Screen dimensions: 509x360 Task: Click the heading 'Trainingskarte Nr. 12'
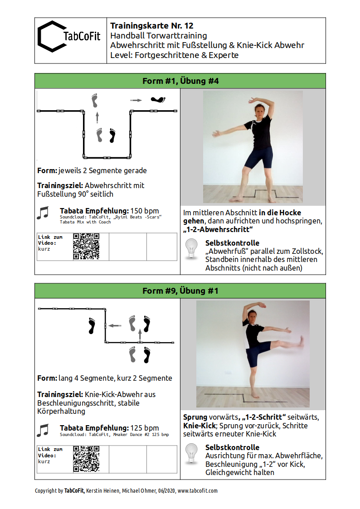[151, 26]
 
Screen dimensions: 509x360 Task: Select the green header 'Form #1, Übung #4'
[180, 81]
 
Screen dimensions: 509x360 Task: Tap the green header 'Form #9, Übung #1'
[180, 291]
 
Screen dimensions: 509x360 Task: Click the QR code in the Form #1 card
[86, 247]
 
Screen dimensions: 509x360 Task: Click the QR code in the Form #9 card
[86, 459]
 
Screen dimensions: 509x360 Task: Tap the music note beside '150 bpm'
[43, 213]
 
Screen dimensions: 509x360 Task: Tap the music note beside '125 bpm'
[43, 430]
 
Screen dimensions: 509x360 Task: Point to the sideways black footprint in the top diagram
[159, 99]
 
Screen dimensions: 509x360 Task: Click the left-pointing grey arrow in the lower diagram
[115, 325]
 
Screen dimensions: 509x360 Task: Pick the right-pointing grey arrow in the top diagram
[136, 100]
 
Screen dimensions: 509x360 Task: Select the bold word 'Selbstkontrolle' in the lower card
[232, 447]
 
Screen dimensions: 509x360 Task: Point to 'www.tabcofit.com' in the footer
[197, 490]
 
